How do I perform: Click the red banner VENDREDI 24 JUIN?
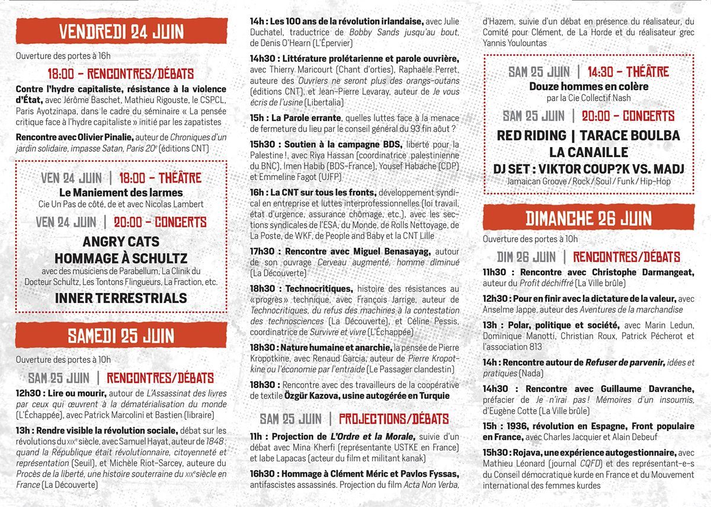[x=121, y=31]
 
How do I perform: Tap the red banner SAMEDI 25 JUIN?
[x=121, y=336]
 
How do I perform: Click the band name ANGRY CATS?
[x=121, y=241]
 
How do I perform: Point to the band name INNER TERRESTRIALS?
[x=121, y=298]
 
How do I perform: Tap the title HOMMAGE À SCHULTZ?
[x=121, y=258]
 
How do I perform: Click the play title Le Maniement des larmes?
[x=121, y=193]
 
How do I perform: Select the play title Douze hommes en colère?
[x=588, y=87]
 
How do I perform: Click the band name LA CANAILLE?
[x=588, y=152]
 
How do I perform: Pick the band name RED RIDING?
[x=533, y=135]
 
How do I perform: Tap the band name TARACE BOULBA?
[x=630, y=135]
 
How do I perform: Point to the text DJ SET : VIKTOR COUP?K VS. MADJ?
[x=588, y=169]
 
